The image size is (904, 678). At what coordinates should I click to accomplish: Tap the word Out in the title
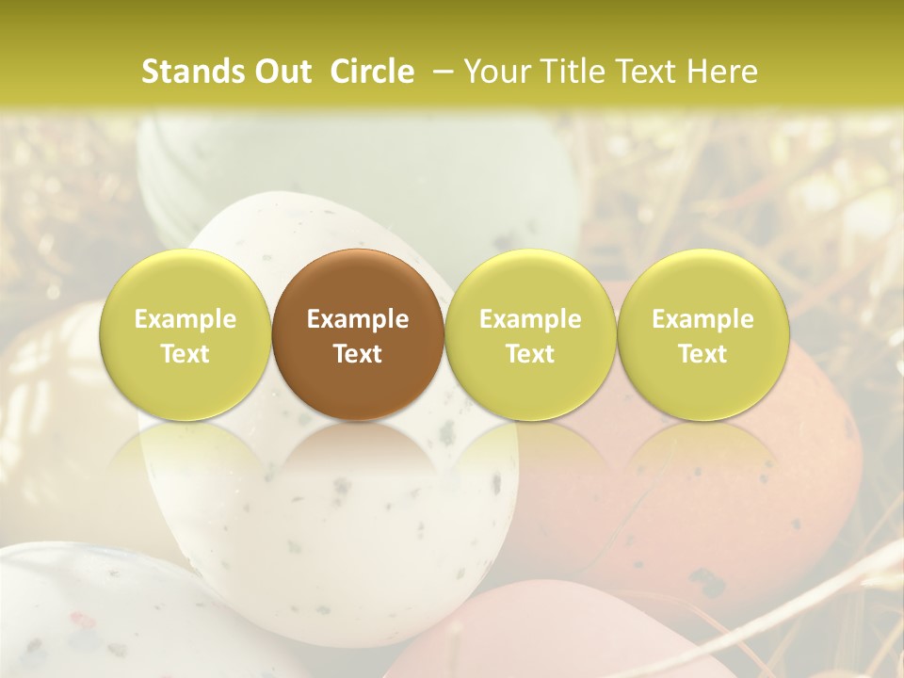282,72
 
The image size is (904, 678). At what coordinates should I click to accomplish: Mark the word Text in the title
651,72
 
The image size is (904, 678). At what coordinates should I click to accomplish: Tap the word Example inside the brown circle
358,319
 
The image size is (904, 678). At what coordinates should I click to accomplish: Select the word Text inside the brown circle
358,354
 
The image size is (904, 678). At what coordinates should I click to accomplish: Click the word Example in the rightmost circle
702,319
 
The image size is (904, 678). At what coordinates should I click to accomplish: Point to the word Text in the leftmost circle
186,354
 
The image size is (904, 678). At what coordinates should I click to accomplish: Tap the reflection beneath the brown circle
358,461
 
